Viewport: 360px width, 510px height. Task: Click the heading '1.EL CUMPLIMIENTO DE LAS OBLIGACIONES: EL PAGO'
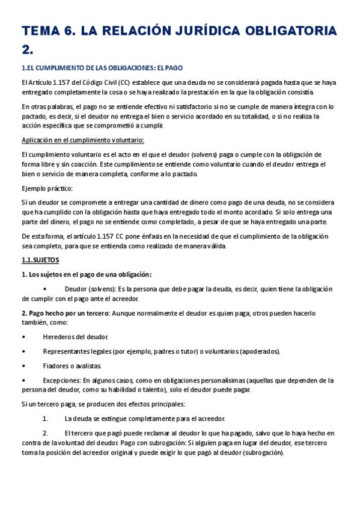pos(102,69)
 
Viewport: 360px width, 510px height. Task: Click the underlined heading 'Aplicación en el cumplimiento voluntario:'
pos(82,140)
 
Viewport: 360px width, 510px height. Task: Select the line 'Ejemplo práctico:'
pos(47,188)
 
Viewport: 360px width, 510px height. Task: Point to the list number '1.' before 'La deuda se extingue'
pos(46,418)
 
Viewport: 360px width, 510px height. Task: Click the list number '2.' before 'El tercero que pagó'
pos(46,432)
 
